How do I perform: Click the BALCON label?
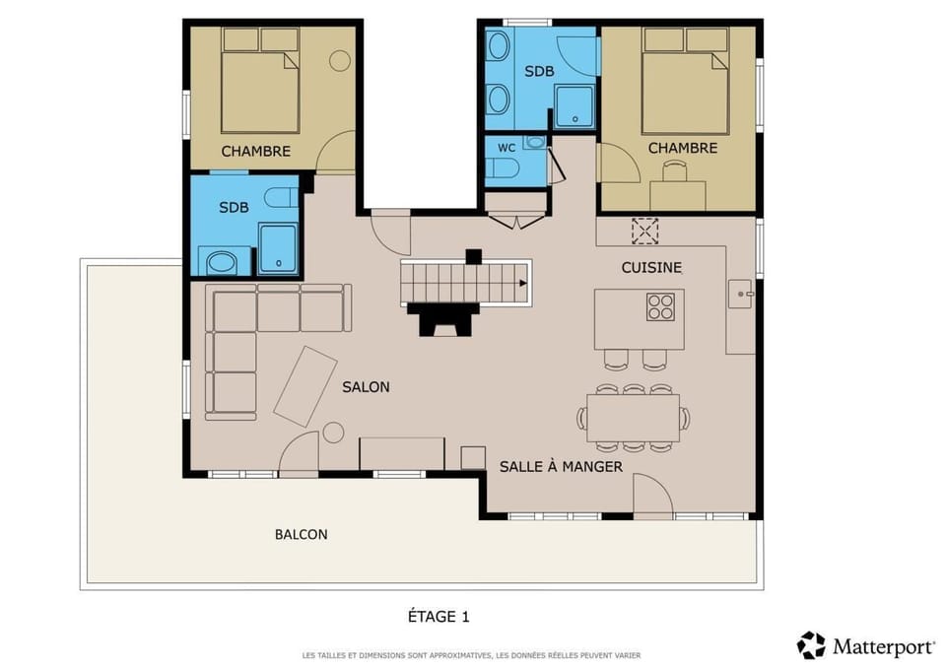(301, 535)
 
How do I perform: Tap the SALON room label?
(366, 387)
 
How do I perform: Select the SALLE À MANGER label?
(561, 466)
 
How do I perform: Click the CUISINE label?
(650, 267)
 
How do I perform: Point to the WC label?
(507, 148)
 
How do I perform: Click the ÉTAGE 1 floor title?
(439, 617)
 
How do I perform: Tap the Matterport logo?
(865, 646)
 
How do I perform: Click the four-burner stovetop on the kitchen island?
(660, 307)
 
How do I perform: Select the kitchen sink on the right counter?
(740, 293)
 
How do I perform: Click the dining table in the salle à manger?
(633, 417)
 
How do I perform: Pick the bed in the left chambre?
(260, 91)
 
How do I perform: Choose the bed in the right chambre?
(685, 91)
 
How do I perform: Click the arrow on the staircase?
(520, 284)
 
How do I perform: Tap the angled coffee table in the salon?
(304, 386)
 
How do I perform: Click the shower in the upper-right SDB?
(574, 106)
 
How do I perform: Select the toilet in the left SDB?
(281, 197)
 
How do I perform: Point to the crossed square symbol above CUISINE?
(644, 231)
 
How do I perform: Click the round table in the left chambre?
(340, 61)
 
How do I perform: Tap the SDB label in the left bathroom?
(234, 207)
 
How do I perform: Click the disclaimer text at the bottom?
(471, 655)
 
